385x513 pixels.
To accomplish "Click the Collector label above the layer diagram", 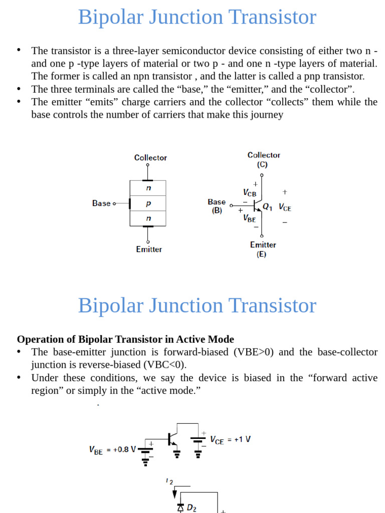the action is [150, 158].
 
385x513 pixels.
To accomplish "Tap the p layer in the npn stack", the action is [148, 204].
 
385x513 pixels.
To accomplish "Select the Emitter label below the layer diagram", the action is [149, 249].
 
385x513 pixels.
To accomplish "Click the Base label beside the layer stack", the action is [101, 203].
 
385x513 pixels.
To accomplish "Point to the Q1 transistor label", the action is [268, 205].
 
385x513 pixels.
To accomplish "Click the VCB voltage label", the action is [249, 193].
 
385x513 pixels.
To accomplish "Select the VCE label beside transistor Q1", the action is [285, 207].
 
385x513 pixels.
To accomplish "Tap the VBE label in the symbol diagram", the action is [249, 218].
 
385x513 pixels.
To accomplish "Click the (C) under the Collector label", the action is [262, 164].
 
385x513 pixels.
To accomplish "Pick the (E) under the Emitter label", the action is [262, 254].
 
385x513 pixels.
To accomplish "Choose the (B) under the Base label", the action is [217, 211].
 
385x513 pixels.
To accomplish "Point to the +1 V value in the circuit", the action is [239, 439].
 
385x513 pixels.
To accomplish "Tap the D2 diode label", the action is [191, 508].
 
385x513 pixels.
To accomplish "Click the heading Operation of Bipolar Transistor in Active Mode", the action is [125, 339].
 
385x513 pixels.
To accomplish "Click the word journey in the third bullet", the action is [267, 115].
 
